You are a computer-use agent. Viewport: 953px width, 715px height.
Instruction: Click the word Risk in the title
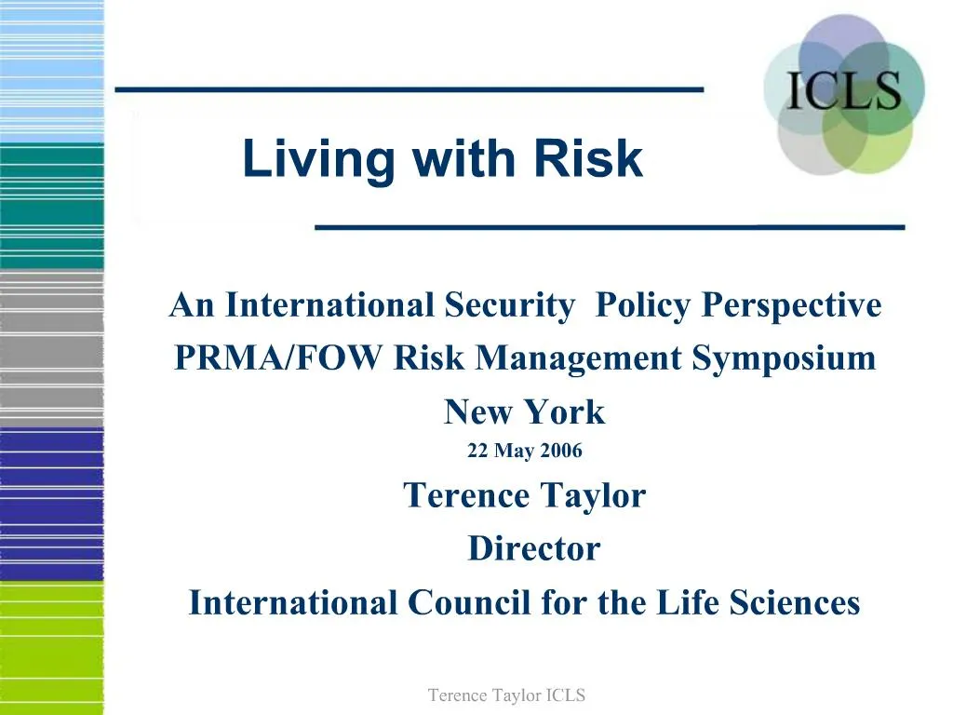(x=587, y=159)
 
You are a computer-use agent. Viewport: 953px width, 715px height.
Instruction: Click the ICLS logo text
(x=844, y=92)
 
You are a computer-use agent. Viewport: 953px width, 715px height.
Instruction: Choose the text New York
(x=524, y=411)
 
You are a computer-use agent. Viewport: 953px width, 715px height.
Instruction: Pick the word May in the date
(x=514, y=452)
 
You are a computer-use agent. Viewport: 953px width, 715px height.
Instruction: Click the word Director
(x=533, y=548)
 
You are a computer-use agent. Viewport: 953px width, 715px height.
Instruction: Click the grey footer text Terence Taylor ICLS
(x=506, y=695)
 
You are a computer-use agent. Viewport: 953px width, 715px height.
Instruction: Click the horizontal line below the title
(x=610, y=226)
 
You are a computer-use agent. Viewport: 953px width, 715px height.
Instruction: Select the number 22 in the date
(x=477, y=452)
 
